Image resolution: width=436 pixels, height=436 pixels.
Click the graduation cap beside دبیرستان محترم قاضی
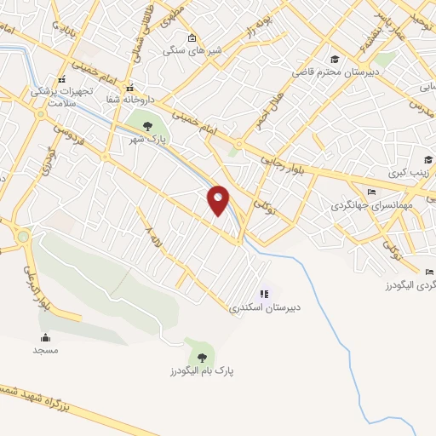[x=335, y=59]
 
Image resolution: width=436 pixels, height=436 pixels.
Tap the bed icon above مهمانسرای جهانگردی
[x=370, y=192]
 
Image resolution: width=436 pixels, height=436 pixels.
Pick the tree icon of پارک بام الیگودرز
[x=202, y=357]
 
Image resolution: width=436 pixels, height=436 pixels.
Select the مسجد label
[x=44, y=350]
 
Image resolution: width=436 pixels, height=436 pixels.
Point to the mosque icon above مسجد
[x=44, y=337]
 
